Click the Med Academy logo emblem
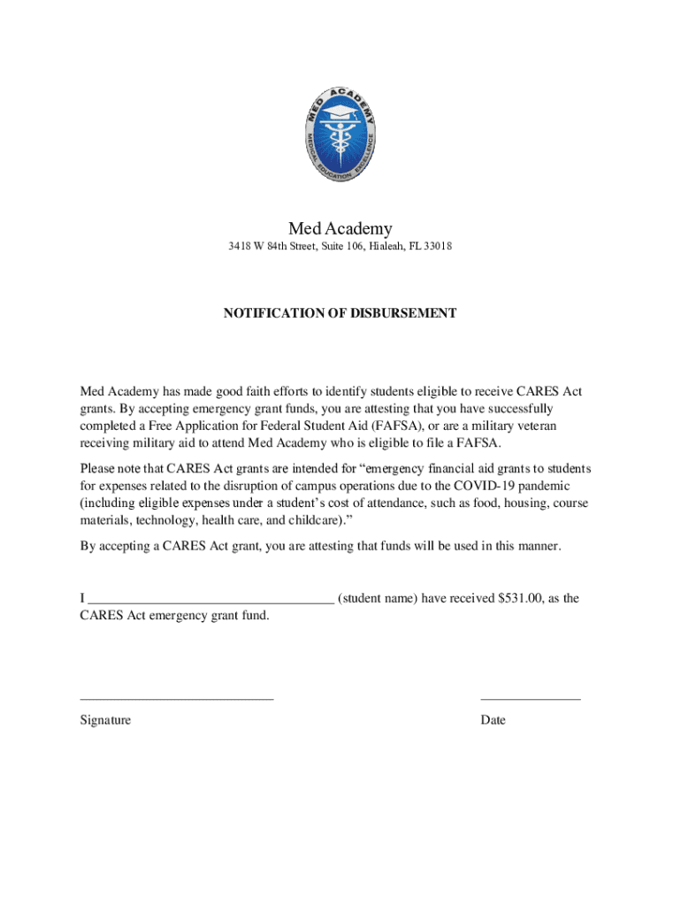point(340,134)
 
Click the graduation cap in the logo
point(340,112)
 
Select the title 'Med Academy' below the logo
point(340,228)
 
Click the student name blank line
point(211,602)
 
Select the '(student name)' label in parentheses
point(378,598)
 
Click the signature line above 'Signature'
point(177,698)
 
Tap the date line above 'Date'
point(531,698)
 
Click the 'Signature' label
point(105,720)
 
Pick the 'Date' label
point(493,720)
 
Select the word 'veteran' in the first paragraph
point(532,426)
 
